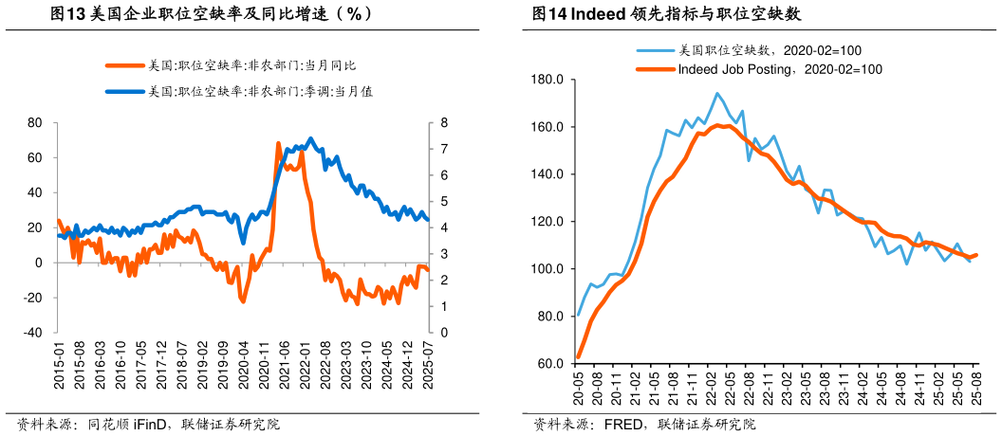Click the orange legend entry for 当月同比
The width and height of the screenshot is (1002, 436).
[251, 65]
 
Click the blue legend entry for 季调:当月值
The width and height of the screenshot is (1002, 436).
[258, 92]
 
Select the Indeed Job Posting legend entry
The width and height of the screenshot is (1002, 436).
[779, 69]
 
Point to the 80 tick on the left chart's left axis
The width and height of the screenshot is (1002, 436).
[35, 123]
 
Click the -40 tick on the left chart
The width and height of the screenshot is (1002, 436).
[31, 334]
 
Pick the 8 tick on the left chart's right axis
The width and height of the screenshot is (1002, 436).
[443, 123]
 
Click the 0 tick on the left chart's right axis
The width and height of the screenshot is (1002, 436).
[443, 334]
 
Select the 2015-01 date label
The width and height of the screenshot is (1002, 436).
[59, 365]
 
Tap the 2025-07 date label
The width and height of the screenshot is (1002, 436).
[428, 365]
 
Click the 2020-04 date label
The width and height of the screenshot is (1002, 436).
[243, 365]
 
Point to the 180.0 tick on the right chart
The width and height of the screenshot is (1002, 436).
[549, 80]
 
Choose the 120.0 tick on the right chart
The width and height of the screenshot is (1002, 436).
[549, 222]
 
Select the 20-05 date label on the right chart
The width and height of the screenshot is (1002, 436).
[579, 388]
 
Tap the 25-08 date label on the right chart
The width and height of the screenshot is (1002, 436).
[976, 388]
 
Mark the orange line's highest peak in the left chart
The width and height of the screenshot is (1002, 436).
[278, 143]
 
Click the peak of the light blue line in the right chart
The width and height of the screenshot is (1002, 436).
[716, 93]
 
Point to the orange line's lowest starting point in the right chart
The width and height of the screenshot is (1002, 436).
[579, 357]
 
